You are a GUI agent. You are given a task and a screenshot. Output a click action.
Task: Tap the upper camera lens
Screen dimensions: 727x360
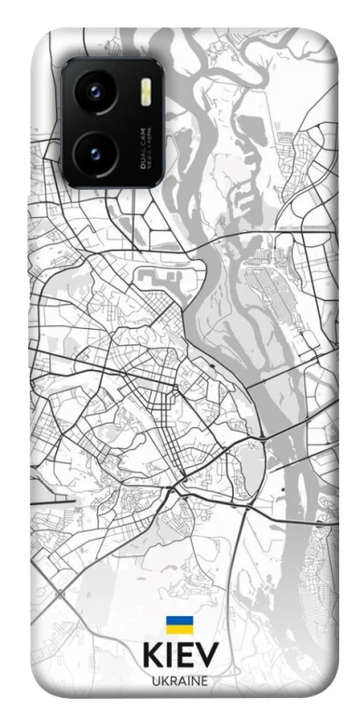point(95,94)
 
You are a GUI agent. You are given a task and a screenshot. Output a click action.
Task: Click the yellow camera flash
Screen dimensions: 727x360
point(145,91)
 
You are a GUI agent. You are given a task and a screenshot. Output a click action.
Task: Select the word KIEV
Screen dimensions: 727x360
point(180,658)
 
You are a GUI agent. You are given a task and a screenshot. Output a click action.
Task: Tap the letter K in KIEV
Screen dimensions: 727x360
point(152,658)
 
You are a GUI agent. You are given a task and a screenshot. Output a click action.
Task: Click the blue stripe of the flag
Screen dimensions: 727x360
point(180,621)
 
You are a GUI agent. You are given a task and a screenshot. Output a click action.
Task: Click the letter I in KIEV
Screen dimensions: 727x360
point(169,658)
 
